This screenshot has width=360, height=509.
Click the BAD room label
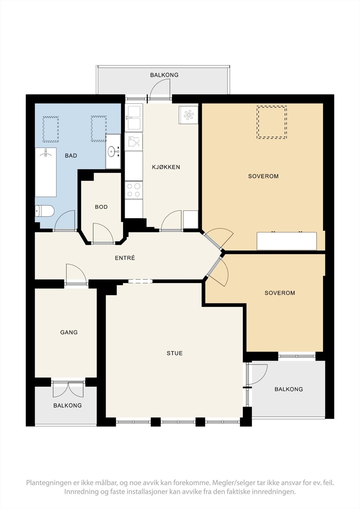click(x=71, y=156)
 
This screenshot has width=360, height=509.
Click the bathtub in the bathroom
click(x=46, y=172)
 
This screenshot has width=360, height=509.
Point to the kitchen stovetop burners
click(x=134, y=190)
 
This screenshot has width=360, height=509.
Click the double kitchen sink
click(x=134, y=117)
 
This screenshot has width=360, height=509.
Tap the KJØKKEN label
click(x=166, y=167)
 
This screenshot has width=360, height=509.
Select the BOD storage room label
click(x=101, y=207)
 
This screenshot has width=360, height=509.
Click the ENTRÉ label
click(x=125, y=258)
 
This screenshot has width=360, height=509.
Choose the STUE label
click(x=175, y=353)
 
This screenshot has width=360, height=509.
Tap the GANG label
click(x=69, y=332)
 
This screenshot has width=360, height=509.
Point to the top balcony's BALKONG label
click(x=164, y=75)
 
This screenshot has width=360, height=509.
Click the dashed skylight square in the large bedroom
click(x=272, y=122)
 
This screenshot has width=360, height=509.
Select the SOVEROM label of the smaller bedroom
click(x=280, y=293)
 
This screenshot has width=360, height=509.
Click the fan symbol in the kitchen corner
click(x=188, y=115)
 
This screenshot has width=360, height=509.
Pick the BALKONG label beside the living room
click(x=289, y=389)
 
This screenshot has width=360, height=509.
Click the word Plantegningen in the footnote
click(x=49, y=483)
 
